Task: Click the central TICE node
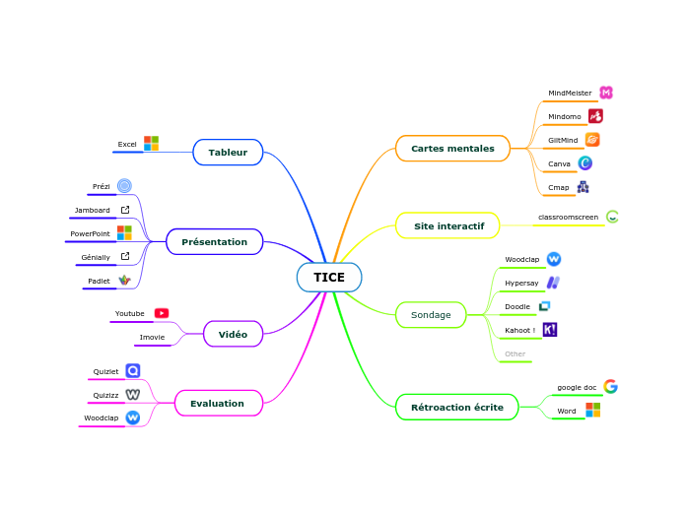(329, 278)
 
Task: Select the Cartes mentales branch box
(452, 149)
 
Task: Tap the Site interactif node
(448, 226)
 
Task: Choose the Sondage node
(431, 315)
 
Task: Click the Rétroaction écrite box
(456, 407)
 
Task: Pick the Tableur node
(228, 153)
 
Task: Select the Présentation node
(215, 242)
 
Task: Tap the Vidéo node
(233, 335)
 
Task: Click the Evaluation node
(217, 404)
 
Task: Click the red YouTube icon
(162, 313)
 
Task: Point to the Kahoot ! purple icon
(550, 330)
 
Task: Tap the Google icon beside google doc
(610, 387)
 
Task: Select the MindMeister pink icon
(606, 93)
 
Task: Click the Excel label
(127, 145)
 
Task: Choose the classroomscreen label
(568, 217)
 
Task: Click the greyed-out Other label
(515, 353)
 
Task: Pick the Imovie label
(152, 337)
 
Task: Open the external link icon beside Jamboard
(125, 210)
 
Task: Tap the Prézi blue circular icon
(124, 186)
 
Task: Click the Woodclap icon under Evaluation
(132, 417)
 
